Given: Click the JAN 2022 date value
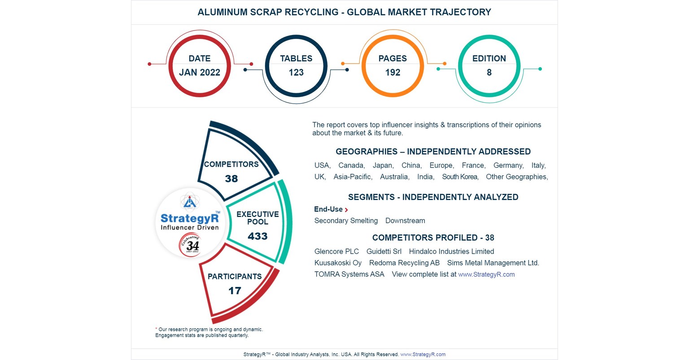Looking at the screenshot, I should click(x=200, y=73).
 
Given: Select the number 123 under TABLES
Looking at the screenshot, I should click(x=296, y=73).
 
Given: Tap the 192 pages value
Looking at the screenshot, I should click(x=392, y=73).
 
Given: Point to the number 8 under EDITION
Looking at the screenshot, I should click(x=489, y=73).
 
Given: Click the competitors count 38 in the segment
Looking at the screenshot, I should click(x=231, y=179).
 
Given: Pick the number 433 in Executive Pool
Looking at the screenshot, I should click(x=257, y=236).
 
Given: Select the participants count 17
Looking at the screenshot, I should click(x=235, y=291).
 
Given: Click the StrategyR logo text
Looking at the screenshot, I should click(x=190, y=218).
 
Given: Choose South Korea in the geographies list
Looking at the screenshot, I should click(x=460, y=177).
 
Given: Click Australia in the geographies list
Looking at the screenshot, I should click(x=394, y=177).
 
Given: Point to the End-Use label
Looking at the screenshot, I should click(x=328, y=209).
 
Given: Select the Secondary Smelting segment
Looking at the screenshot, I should click(x=346, y=221).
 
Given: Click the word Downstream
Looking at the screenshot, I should click(x=405, y=221).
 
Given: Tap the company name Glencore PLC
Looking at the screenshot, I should click(x=336, y=252).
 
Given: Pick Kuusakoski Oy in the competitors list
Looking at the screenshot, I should click(x=338, y=263).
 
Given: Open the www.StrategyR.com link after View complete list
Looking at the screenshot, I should click(x=486, y=274).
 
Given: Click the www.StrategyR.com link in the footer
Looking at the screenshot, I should click(x=423, y=354).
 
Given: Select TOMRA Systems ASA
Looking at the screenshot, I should click(x=349, y=274).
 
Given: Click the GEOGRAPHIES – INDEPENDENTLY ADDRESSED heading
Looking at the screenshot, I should click(x=433, y=152).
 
